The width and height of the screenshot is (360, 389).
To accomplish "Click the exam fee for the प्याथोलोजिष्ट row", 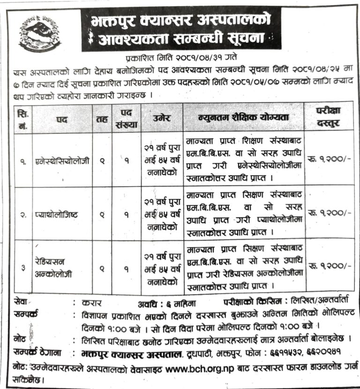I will coord(329,212).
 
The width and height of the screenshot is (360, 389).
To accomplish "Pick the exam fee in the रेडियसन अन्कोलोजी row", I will coord(329,266).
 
